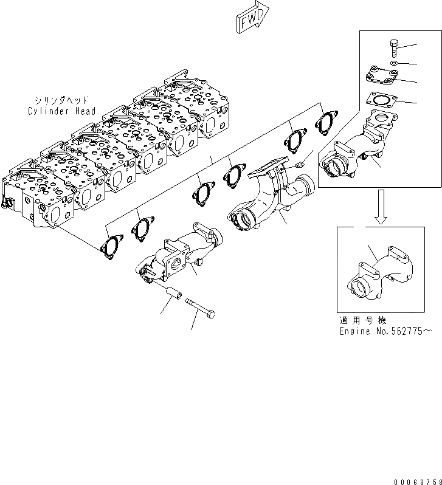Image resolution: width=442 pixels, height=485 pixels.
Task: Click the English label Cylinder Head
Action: [61, 111]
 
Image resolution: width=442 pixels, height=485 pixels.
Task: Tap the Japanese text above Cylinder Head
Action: [61, 101]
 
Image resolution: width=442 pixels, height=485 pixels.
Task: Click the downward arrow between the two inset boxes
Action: [381, 207]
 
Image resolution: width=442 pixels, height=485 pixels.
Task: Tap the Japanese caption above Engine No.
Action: [364, 320]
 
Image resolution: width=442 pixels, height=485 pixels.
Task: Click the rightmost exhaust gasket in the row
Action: [326, 123]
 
